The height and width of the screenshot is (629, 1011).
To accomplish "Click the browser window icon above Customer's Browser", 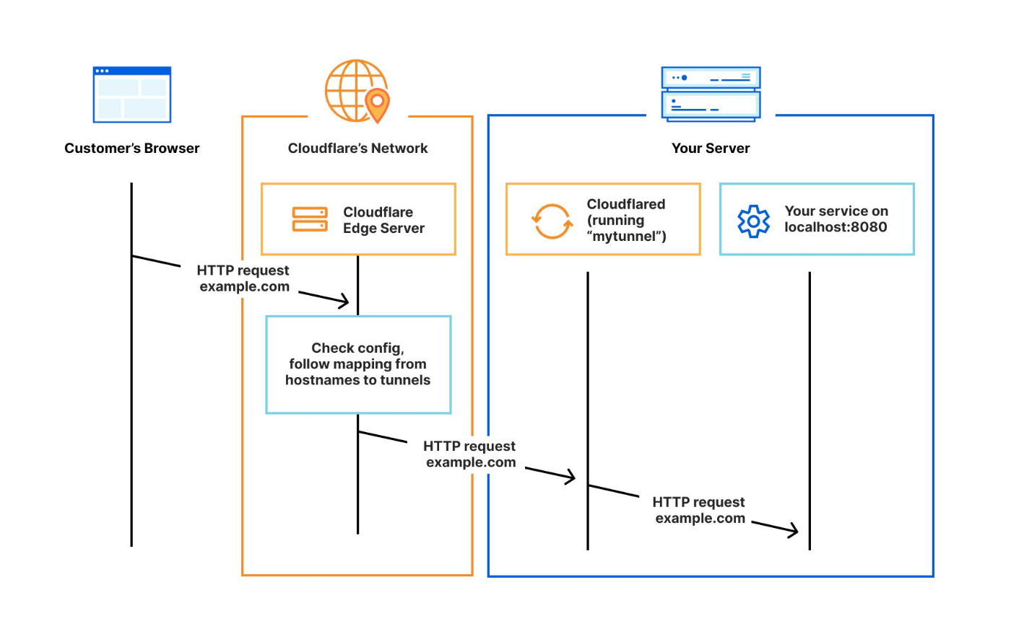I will (x=132, y=94).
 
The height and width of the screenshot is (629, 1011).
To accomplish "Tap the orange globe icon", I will (x=354, y=90).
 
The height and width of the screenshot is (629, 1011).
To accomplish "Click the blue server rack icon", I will (x=711, y=94).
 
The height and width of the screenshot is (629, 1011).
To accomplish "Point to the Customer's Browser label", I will (x=131, y=149).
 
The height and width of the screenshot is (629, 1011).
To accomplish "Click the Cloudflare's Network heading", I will (x=357, y=149).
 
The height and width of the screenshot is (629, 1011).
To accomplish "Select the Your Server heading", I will (x=711, y=149).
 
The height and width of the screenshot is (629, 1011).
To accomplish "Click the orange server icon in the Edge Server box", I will (x=310, y=219).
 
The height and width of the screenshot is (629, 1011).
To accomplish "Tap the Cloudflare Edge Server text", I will (x=383, y=220).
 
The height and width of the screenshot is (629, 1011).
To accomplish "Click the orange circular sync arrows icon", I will (x=552, y=221).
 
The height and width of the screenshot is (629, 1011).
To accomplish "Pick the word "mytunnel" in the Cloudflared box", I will (x=626, y=237).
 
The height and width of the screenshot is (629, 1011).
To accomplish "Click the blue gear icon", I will (x=753, y=221).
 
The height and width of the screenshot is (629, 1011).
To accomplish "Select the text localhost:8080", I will (x=836, y=227).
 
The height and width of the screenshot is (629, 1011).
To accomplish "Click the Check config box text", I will (x=357, y=364).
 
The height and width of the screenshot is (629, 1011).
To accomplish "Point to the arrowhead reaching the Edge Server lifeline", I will (x=346, y=302).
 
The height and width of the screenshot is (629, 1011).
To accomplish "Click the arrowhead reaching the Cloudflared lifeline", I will (x=571, y=477).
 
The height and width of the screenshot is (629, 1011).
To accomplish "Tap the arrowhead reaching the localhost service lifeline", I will (x=794, y=531).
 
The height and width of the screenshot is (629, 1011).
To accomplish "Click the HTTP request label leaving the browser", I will (x=243, y=278).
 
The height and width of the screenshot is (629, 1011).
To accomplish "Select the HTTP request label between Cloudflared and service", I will (x=699, y=510).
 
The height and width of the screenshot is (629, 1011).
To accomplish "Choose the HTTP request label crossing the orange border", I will (x=470, y=454).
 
